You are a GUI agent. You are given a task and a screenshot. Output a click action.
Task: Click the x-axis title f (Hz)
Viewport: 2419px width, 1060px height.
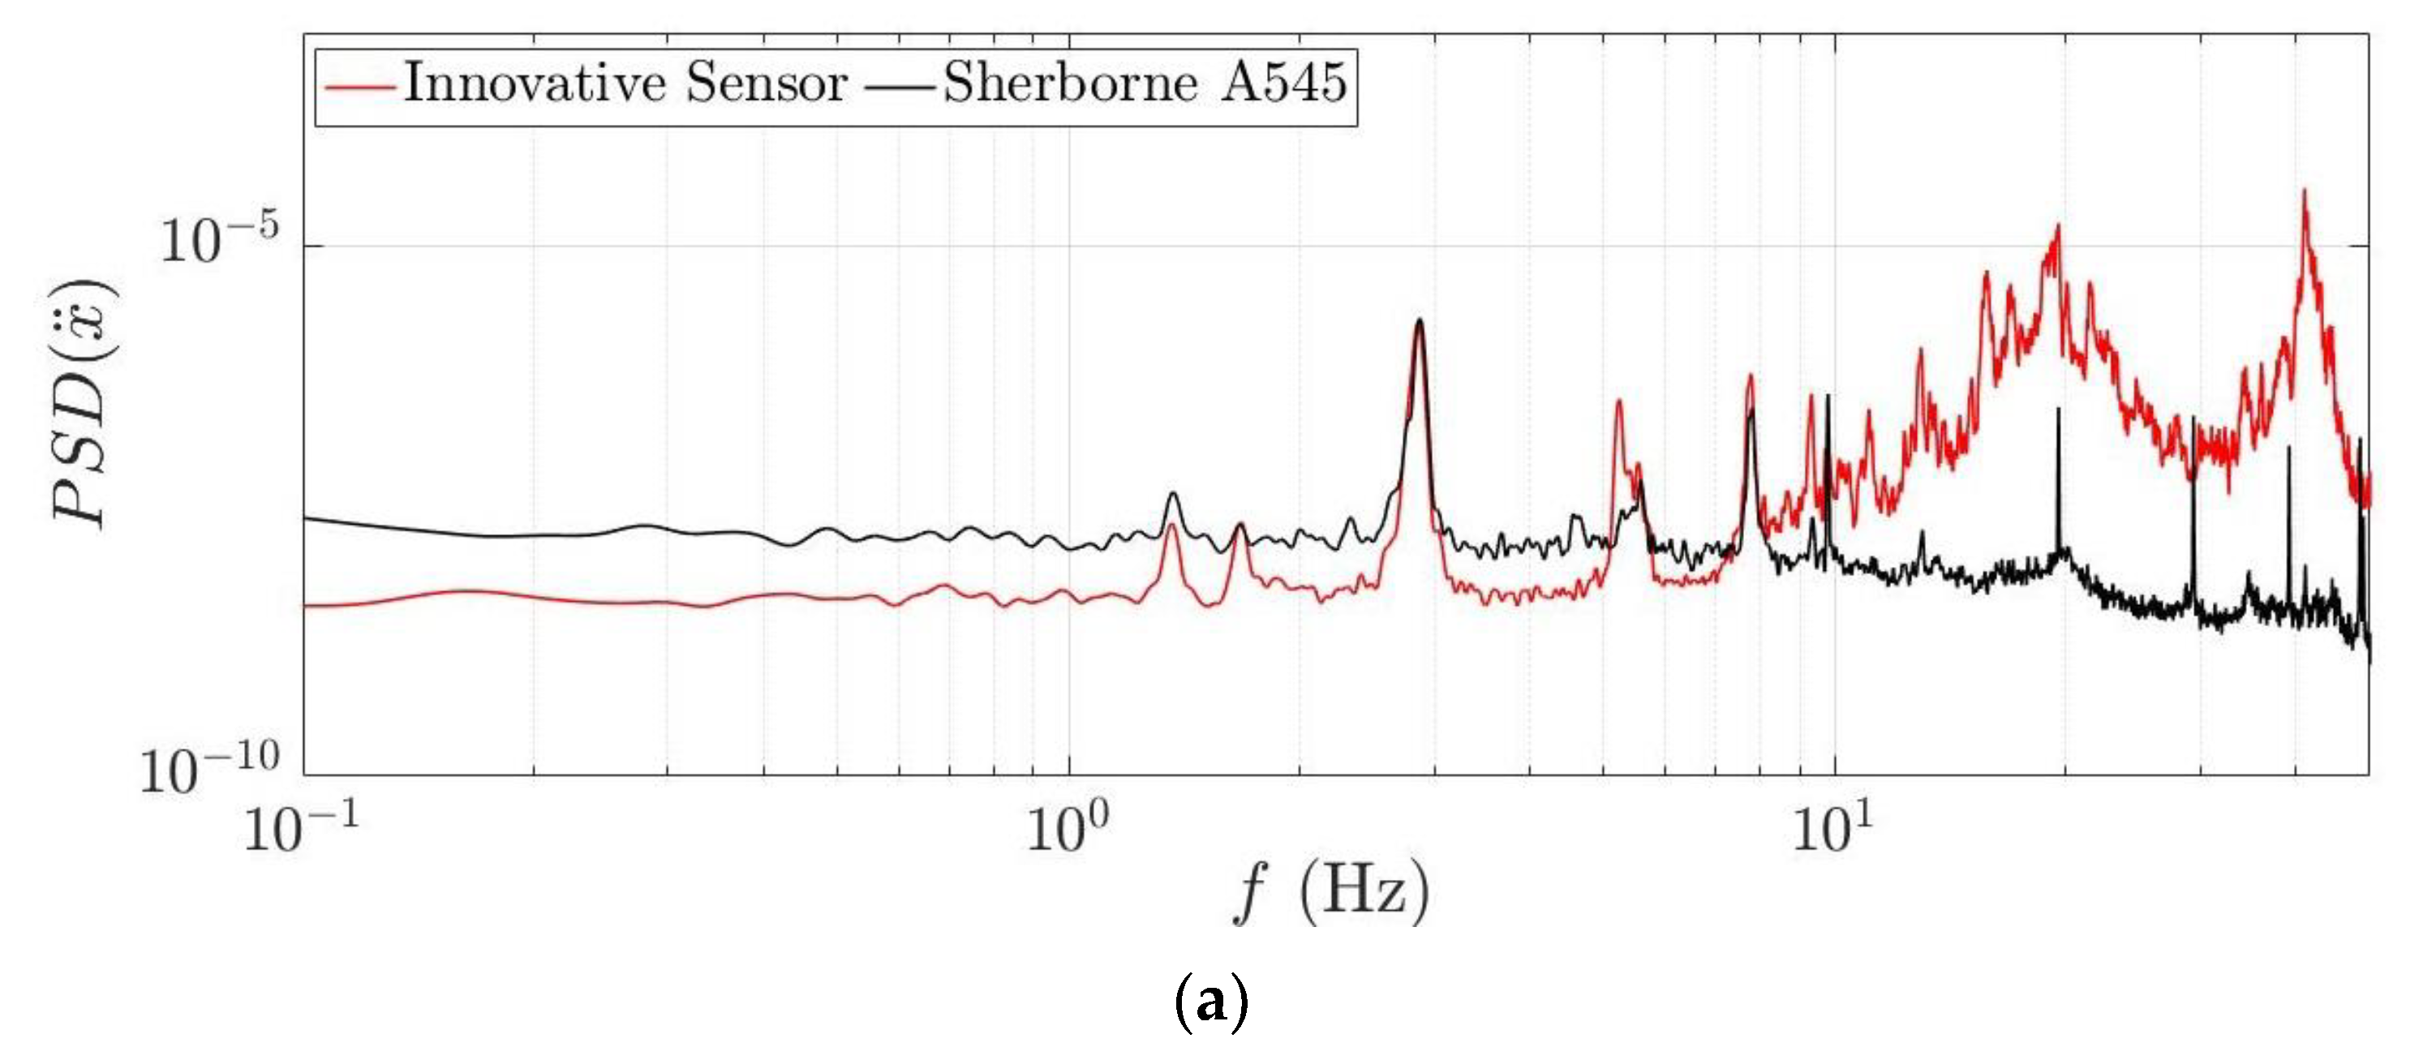[1331, 891]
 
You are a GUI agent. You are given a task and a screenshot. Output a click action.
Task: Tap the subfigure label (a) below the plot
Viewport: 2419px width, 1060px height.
[1211, 1002]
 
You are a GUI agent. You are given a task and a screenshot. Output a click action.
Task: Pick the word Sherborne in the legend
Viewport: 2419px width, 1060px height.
[1071, 83]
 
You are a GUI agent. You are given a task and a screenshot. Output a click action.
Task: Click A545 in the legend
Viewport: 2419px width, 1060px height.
[1285, 83]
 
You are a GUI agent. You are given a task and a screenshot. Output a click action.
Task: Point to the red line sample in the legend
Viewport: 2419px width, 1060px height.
[359, 87]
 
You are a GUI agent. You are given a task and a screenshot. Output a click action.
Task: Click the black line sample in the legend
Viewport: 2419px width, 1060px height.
[900, 87]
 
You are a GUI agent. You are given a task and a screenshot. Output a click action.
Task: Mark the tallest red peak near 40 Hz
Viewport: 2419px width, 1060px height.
[2304, 191]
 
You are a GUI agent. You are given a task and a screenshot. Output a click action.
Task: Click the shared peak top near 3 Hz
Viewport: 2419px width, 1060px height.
[1420, 321]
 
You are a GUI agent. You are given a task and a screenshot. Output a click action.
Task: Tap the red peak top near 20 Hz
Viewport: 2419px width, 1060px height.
[2057, 226]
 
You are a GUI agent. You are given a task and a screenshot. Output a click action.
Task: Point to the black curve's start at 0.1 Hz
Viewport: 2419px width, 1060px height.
[306, 517]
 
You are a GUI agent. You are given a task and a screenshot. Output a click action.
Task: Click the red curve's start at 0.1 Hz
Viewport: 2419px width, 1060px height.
[306, 606]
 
